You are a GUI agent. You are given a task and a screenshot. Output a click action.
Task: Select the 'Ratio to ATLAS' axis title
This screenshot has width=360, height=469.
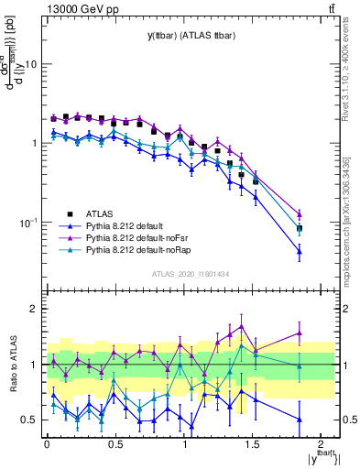pos(13,362)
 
